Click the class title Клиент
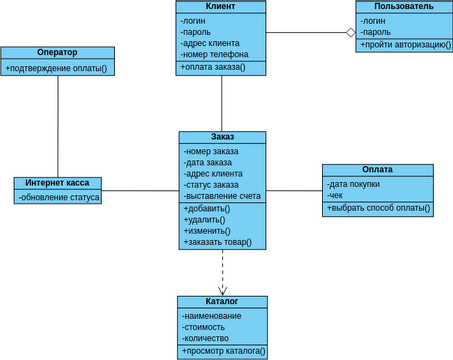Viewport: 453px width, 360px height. [x=221, y=6]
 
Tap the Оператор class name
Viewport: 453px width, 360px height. [x=57, y=52]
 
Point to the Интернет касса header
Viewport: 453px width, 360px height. [x=58, y=183]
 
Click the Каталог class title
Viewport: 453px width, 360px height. [x=222, y=301]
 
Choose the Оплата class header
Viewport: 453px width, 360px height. [x=377, y=170]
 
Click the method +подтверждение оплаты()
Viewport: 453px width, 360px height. [x=57, y=68]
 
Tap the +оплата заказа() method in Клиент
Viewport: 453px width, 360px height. [x=214, y=68]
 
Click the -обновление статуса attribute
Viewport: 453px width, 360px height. [x=60, y=197]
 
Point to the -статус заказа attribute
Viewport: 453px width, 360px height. [x=211, y=185]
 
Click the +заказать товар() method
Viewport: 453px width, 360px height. [x=218, y=242]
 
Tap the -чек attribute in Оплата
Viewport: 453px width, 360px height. [x=336, y=196]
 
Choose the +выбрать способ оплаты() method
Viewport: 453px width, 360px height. [x=378, y=209]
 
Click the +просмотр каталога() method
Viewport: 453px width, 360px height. [x=223, y=351]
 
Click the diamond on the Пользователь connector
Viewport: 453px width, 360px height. [x=350, y=32]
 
